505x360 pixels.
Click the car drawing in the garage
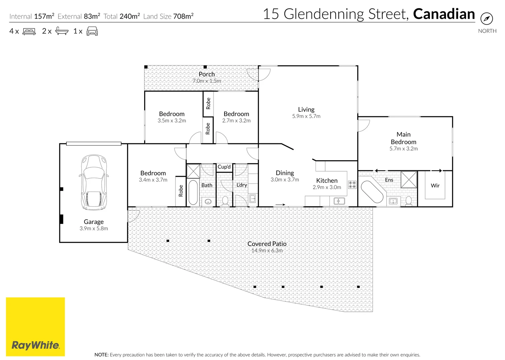[x=94, y=182]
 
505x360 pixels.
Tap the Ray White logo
[x=35, y=327]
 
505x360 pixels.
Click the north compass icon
[x=487, y=19]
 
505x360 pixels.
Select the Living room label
[x=306, y=109]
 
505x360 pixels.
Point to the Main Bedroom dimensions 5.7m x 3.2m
[x=403, y=149]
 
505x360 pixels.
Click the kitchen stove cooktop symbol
[x=352, y=185]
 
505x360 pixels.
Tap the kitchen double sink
[x=339, y=201]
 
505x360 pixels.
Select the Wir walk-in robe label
[x=435, y=186]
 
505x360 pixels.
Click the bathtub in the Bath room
[x=193, y=192]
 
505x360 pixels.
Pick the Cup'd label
[x=224, y=167]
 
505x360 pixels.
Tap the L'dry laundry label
[x=241, y=185]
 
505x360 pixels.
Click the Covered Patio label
[x=267, y=244]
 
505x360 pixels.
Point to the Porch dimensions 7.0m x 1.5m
[x=207, y=81]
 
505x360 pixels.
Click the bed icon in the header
[x=29, y=31]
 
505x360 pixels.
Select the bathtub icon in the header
[x=62, y=31]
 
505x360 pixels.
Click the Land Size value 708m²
[x=183, y=16]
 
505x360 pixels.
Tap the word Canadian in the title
[x=444, y=14]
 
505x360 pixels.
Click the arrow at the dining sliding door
[x=280, y=205]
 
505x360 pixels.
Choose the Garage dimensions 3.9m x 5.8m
[x=94, y=228]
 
